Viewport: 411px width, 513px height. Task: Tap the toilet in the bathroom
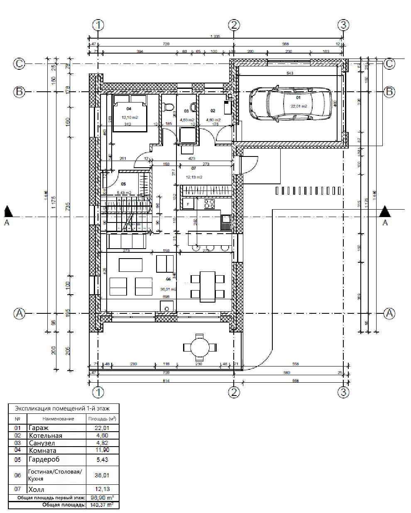pos(169,107)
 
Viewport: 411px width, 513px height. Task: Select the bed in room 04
pos(130,113)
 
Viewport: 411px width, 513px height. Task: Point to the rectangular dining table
pos(207,286)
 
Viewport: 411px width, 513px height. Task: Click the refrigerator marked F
pos(188,204)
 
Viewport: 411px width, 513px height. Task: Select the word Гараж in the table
pos(39,428)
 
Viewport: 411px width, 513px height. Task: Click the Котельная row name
pos(45,435)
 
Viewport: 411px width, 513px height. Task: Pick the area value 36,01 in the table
pos(102,475)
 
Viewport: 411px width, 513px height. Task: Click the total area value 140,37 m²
pos(102,505)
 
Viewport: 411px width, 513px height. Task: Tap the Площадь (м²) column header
pos(102,419)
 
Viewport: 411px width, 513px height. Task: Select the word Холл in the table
pos(36,489)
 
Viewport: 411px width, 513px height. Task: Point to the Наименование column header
pos(58,419)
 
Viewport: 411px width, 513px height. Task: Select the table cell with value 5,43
pos(102,460)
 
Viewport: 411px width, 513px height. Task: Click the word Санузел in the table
pos(42,443)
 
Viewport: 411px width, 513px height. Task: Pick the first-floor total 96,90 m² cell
pos(102,498)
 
